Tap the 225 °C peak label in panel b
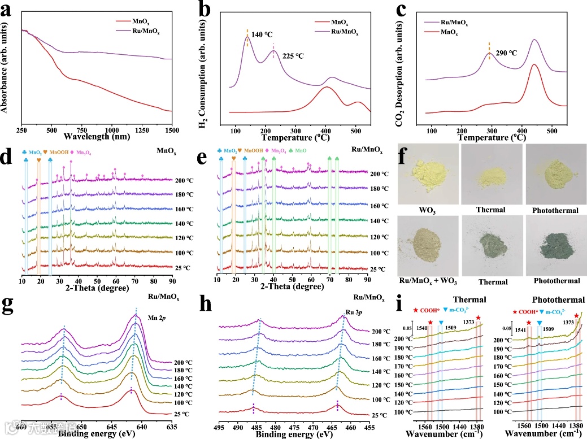(293, 56)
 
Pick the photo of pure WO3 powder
(427, 179)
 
